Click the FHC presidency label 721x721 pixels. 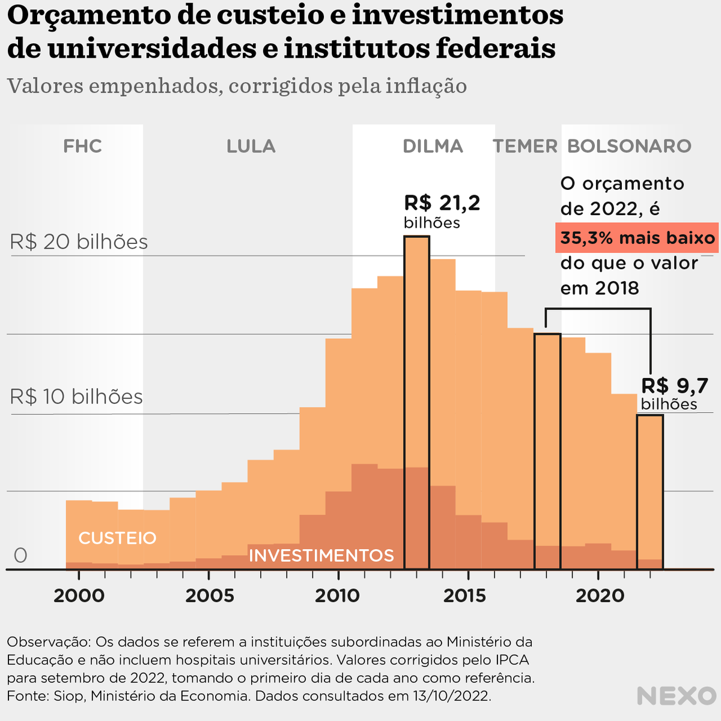tap(82, 146)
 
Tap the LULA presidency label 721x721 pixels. tap(251, 146)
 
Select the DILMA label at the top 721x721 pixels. tap(433, 146)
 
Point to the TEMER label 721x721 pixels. tap(525, 146)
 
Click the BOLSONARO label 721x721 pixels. tap(629, 146)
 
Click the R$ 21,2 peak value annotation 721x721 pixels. tap(442, 203)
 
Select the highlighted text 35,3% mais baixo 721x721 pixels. tap(637, 238)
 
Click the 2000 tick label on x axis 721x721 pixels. tap(79, 595)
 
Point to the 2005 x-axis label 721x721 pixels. tap(209, 595)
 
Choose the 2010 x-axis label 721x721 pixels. tap(338, 595)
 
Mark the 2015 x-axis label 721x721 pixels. tap(468, 595)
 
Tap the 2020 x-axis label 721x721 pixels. tap(600, 595)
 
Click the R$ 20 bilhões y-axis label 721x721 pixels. tap(79, 242)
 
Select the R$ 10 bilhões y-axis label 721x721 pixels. tap(76, 397)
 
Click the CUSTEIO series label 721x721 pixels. tap(117, 538)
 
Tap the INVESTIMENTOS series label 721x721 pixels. tap(321, 555)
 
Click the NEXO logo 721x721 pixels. tap(676, 696)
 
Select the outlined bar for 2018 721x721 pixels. tap(547, 451)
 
